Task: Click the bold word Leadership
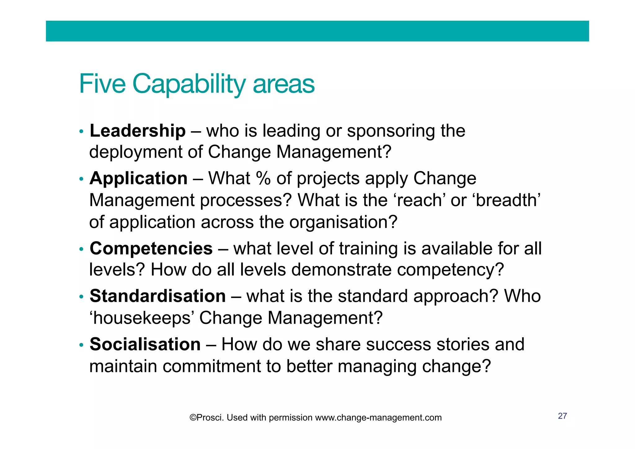[x=137, y=131]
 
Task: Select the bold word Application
[x=138, y=179]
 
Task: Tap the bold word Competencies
[x=151, y=249]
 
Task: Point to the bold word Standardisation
[x=158, y=296]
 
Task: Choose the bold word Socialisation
[x=145, y=344]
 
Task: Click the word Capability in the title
[x=189, y=84]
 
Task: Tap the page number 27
[x=562, y=416]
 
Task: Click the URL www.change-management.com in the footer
[x=378, y=418]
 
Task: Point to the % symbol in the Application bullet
[x=263, y=179]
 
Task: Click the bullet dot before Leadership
[x=81, y=132]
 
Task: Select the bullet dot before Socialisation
[x=81, y=345]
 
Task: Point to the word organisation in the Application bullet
[x=343, y=222]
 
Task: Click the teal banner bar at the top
[x=317, y=31]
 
